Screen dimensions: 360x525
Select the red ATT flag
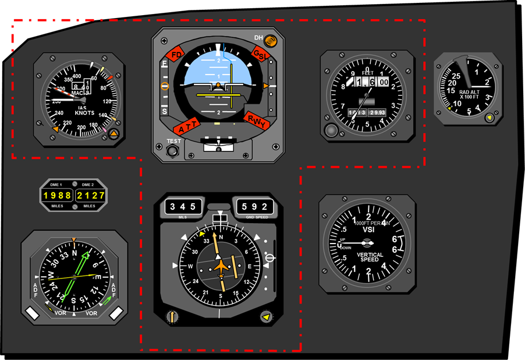pos(187,128)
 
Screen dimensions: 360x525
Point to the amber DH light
pos(270,41)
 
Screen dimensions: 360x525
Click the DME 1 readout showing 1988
pos(57,196)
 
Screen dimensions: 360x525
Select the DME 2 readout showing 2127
pos(90,196)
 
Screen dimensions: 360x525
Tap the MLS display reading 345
pos(183,206)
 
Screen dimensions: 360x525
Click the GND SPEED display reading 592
pos(254,206)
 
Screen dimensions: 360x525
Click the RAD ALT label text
pos(469,91)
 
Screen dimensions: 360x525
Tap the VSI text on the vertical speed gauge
pos(367,230)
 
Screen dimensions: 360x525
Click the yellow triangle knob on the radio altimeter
pos(489,118)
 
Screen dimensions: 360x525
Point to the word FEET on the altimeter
pos(367,73)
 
